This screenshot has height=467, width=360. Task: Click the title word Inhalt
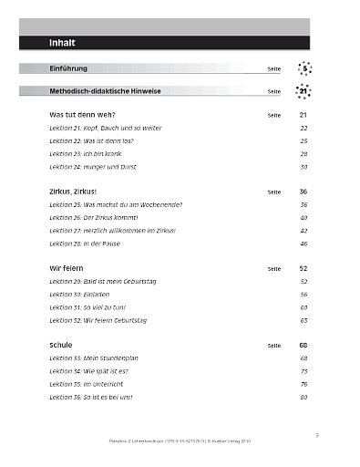click(x=62, y=42)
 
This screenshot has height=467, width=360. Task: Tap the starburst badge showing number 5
click(x=305, y=67)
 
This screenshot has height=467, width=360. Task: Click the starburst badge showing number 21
click(x=303, y=91)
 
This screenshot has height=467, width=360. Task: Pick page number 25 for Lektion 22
click(x=303, y=142)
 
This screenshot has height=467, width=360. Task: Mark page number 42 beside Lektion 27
click(x=303, y=232)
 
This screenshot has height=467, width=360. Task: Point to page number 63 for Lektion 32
click(x=303, y=321)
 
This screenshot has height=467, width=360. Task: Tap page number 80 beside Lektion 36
click(x=303, y=398)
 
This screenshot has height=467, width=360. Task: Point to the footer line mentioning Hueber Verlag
click(x=180, y=438)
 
